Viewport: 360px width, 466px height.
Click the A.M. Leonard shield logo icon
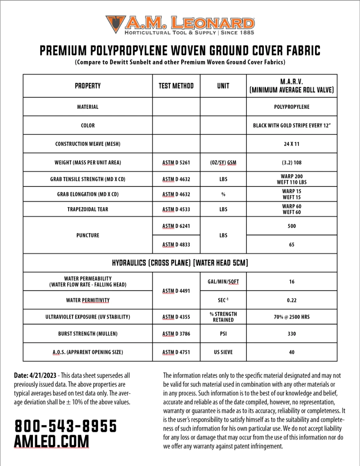pyautogui.click(x=115, y=24)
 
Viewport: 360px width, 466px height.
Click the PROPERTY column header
pyautogui.click(x=88, y=86)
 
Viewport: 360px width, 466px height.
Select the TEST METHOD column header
pyautogui.click(x=176, y=86)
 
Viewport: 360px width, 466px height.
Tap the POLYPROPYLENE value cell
pyautogui.click(x=292, y=107)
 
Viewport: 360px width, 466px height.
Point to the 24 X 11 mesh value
pyautogui.click(x=292, y=144)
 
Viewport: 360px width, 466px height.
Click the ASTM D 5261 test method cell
pyautogui.click(x=176, y=163)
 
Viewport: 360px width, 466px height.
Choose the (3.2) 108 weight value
pyautogui.click(x=292, y=163)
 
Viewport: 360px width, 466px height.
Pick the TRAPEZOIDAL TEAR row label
pyautogui.click(x=88, y=209)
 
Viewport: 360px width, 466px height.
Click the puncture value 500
pyautogui.click(x=292, y=226)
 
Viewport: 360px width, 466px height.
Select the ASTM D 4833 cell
pyautogui.click(x=176, y=245)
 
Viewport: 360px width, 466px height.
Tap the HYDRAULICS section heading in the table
pyautogui.click(x=180, y=263)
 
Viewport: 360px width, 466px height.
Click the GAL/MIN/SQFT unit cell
pyautogui.click(x=223, y=282)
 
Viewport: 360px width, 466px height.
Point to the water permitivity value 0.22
pyautogui.click(x=292, y=300)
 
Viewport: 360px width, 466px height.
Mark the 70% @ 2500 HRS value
pyautogui.click(x=292, y=317)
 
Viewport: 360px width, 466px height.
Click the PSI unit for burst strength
pyautogui.click(x=223, y=334)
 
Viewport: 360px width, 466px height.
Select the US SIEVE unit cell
pyautogui.click(x=223, y=352)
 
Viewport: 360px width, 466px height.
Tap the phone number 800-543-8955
pyautogui.click(x=66, y=426)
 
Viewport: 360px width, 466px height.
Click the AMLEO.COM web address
pyautogui.click(x=52, y=442)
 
